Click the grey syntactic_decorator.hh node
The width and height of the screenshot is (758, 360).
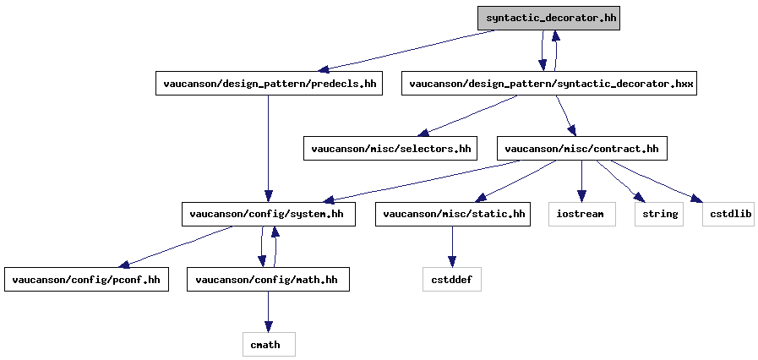point(548,19)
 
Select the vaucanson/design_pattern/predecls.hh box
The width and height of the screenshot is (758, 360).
point(269,83)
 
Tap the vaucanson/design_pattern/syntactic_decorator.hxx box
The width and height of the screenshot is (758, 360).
point(548,83)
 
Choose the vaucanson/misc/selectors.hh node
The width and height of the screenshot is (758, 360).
point(390,149)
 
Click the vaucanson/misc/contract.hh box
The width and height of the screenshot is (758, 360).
point(581,149)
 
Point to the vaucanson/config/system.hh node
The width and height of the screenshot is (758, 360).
point(268,214)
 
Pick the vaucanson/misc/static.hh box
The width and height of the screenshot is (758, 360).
point(452,214)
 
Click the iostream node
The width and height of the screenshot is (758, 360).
point(581,214)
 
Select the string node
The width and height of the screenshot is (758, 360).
point(659,214)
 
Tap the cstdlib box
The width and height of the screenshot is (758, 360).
point(728,214)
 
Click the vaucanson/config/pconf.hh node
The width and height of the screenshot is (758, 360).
point(86,280)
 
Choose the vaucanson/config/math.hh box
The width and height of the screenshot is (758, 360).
point(268,280)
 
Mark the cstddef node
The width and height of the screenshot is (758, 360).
point(452,280)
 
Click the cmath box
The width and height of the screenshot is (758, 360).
point(268,345)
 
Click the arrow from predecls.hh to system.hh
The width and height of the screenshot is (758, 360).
point(268,149)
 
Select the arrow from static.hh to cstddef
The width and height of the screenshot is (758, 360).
point(452,247)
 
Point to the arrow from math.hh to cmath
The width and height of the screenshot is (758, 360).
point(268,312)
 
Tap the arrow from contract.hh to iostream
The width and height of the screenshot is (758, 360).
point(581,181)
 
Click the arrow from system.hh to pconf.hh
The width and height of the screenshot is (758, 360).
point(176,247)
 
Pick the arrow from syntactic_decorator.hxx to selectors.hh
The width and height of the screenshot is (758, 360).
point(467,116)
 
